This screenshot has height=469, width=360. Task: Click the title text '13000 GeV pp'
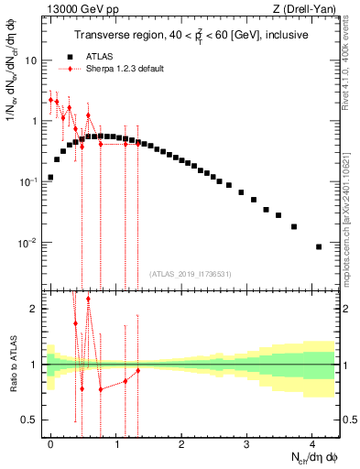point(76,8)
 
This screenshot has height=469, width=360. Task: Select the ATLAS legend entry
point(98,57)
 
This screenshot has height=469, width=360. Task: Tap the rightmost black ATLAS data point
point(318,246)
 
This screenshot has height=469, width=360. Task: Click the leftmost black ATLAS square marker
point(50,177)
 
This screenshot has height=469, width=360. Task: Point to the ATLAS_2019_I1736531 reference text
point(191,274)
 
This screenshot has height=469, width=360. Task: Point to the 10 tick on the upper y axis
point(32,60)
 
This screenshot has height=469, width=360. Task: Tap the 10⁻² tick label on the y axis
point(28,244)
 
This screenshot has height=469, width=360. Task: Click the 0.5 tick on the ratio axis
point(31,420)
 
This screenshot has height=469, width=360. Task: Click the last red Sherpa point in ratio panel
point(137,371)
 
